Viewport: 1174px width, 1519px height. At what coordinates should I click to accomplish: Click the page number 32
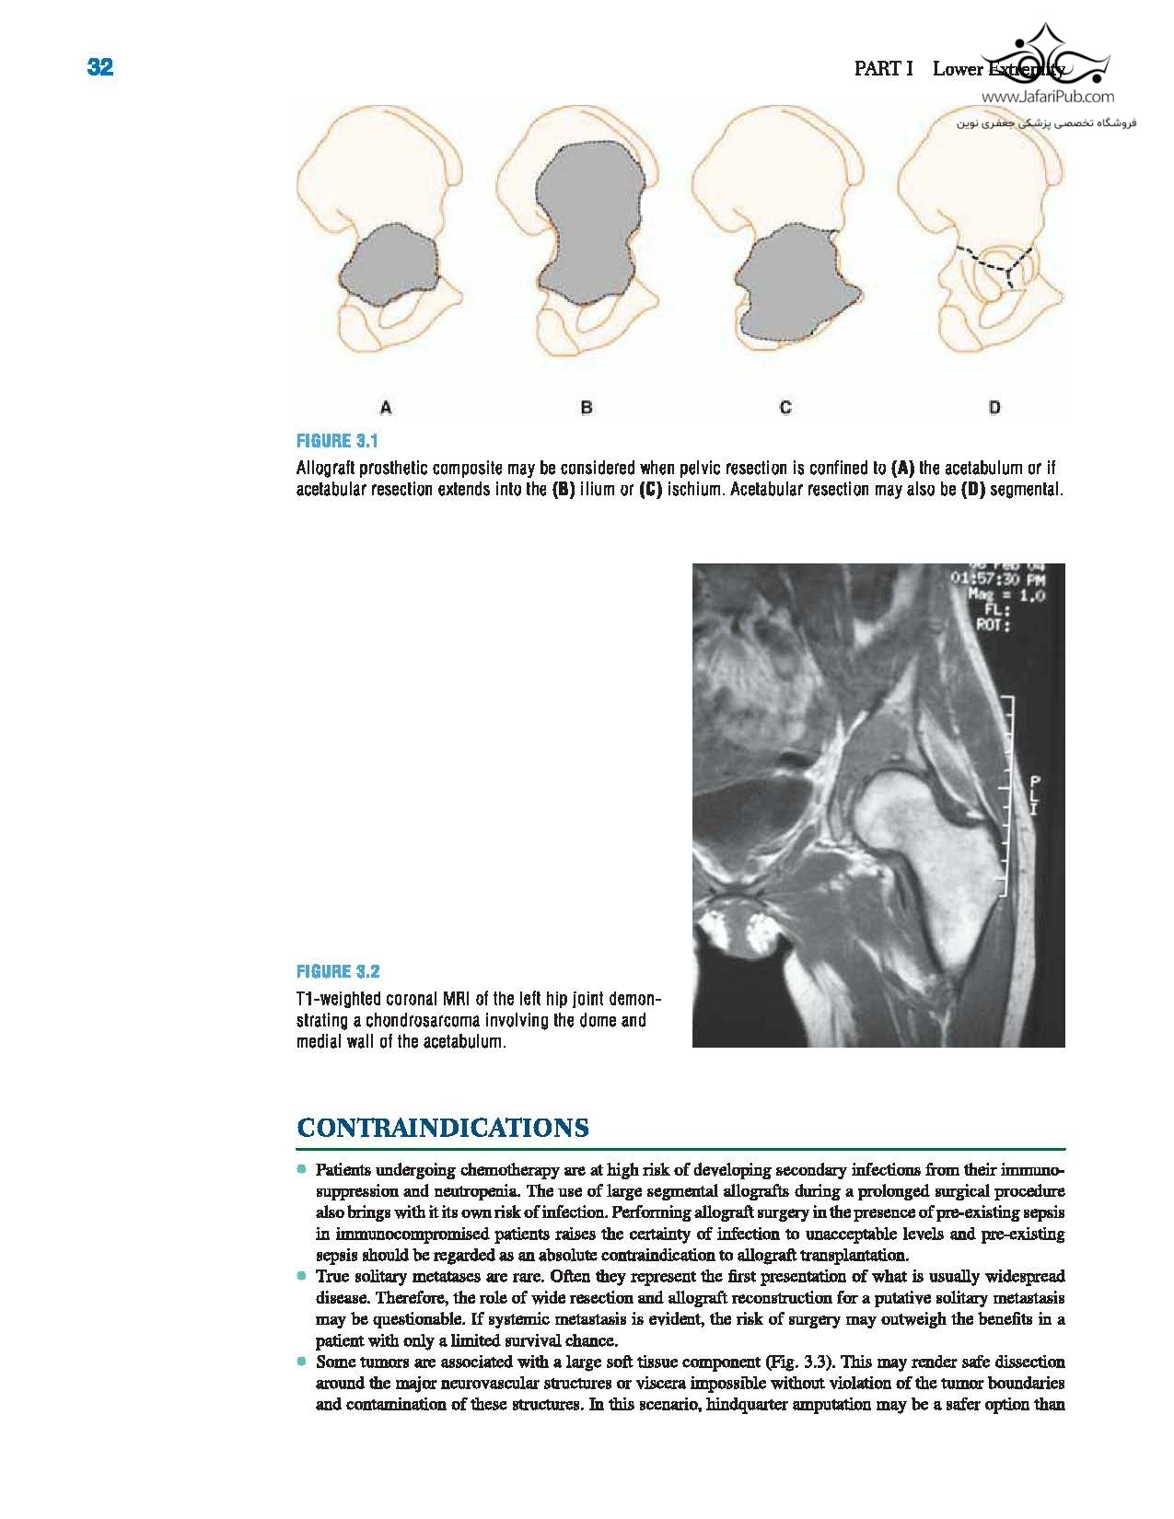click(x=100, y=67)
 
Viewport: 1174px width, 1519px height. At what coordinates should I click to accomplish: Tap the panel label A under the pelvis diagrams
click(x=386, y=407)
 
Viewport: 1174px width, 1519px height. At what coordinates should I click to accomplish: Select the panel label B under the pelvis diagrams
click(x=587, y=407)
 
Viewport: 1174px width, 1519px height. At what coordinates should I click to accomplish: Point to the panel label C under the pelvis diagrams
click(x=785, y=407)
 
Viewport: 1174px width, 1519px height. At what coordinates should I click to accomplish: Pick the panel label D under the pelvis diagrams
click(x=994, y=407)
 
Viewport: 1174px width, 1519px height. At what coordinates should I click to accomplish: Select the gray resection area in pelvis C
click(x=792, y=285)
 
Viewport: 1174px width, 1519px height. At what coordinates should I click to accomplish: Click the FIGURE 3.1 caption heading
click(x=337, y=441)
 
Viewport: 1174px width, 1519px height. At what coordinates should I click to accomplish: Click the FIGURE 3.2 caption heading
click(x=338, y=971)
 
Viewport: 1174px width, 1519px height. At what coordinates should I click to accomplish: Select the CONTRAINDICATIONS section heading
click(x=443, y=1128)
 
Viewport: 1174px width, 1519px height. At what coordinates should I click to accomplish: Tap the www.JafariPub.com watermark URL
click(x=1047, y=97)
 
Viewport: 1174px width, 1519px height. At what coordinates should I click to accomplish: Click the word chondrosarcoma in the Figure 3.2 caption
click(x=415, y=1021)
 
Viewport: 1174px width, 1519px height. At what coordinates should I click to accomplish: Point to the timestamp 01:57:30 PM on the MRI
click(x=999, y=579)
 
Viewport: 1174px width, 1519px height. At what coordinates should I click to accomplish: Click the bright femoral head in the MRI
click(x=907, y=810)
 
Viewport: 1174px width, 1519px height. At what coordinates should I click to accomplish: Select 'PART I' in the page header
click(x=883, y=69)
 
